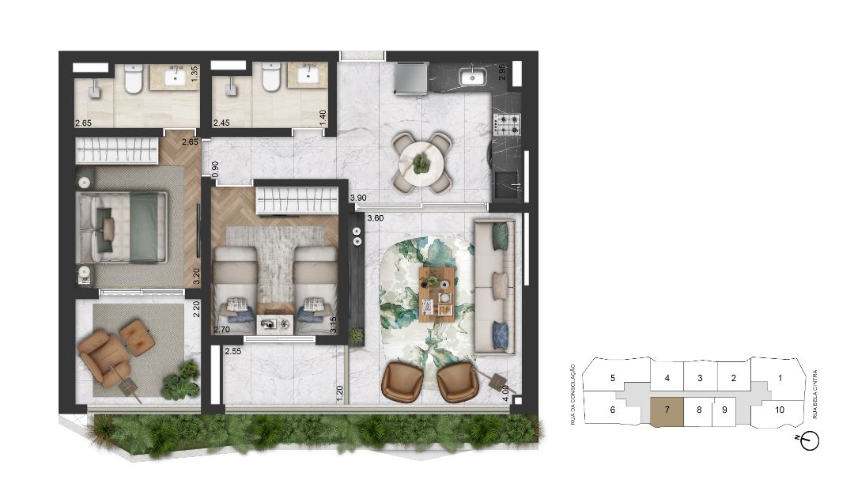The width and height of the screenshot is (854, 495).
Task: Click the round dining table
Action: tap(421, 162)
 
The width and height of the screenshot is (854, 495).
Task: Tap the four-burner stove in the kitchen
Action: tap(507, 124)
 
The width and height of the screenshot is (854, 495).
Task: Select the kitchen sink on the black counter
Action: tap(474, 77)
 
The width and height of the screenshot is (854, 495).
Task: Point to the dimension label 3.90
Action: tap(358, 198)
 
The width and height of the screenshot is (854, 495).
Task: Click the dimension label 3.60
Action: tap(376, 217)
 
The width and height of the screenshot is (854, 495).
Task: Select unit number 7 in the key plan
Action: tap(667, 410)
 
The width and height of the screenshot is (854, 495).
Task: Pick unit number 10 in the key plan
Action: tap(780, 410)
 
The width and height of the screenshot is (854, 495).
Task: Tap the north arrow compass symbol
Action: tap(810, 442)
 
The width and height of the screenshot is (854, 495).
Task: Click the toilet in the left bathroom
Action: tap(132, 78)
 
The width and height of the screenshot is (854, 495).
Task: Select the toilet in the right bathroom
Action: tap(270, 78)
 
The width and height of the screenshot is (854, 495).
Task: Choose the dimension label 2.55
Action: tap(233, 351)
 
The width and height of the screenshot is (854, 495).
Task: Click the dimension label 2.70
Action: tap(222, 329)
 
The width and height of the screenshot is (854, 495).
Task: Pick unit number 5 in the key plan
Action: tap(613, 378)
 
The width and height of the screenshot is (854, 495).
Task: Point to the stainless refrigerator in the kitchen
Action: tap(410, 77)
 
